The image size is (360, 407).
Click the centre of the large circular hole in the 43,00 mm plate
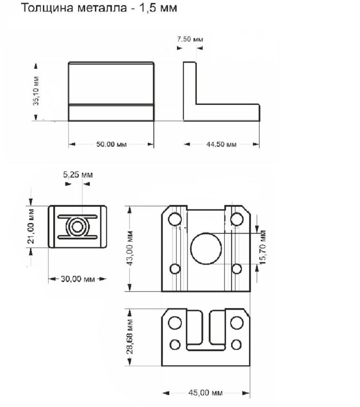[x=206, y=249]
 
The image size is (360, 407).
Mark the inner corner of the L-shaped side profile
[x=196, y=104]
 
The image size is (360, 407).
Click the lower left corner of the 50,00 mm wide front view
[x=69, y=121]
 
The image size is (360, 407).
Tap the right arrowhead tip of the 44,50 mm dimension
[x=259, y=144]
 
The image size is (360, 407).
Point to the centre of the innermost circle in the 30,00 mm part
[x=77, y=227]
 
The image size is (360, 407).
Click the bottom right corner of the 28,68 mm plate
[x=250, y=366]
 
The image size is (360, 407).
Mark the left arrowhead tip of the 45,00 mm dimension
[x=162, y=393]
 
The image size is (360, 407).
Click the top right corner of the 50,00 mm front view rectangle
[x=153, y=62]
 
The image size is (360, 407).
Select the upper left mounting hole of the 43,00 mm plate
[x=175, y=219]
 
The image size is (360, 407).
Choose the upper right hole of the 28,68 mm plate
[x=237, y=323]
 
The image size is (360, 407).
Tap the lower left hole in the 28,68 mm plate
[x=175, y=345]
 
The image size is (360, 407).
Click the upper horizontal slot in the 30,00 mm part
[x=77, y=217]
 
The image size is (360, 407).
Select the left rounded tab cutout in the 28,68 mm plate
[x=195, y=327]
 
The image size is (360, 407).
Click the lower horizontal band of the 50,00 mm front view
[x=111, y=113]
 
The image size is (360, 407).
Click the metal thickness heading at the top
[x=99, y=8]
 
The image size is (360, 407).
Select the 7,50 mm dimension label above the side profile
[x=190, y=39]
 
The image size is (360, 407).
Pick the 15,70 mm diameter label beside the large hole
[x=263, y=247]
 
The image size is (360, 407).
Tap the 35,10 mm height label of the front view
[x=36, y=91]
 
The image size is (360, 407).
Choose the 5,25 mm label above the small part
[x=78, y=174]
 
